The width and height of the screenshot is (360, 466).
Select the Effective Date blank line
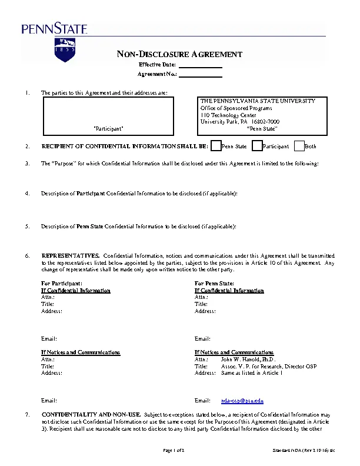pyautogui.click(x=200, y=65)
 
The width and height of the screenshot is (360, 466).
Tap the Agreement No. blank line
pyautogui.click(x=200, y=75)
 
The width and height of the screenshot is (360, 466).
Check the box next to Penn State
pyautogui.click(x=216, y=146)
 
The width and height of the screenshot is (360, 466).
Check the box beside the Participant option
pyautogui.click(x=257, y=146)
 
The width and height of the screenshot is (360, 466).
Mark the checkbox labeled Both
pyautogui.click(x=299, y=146)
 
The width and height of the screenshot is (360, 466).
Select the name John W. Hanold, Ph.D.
pyautogui.click(x=248, y=359)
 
